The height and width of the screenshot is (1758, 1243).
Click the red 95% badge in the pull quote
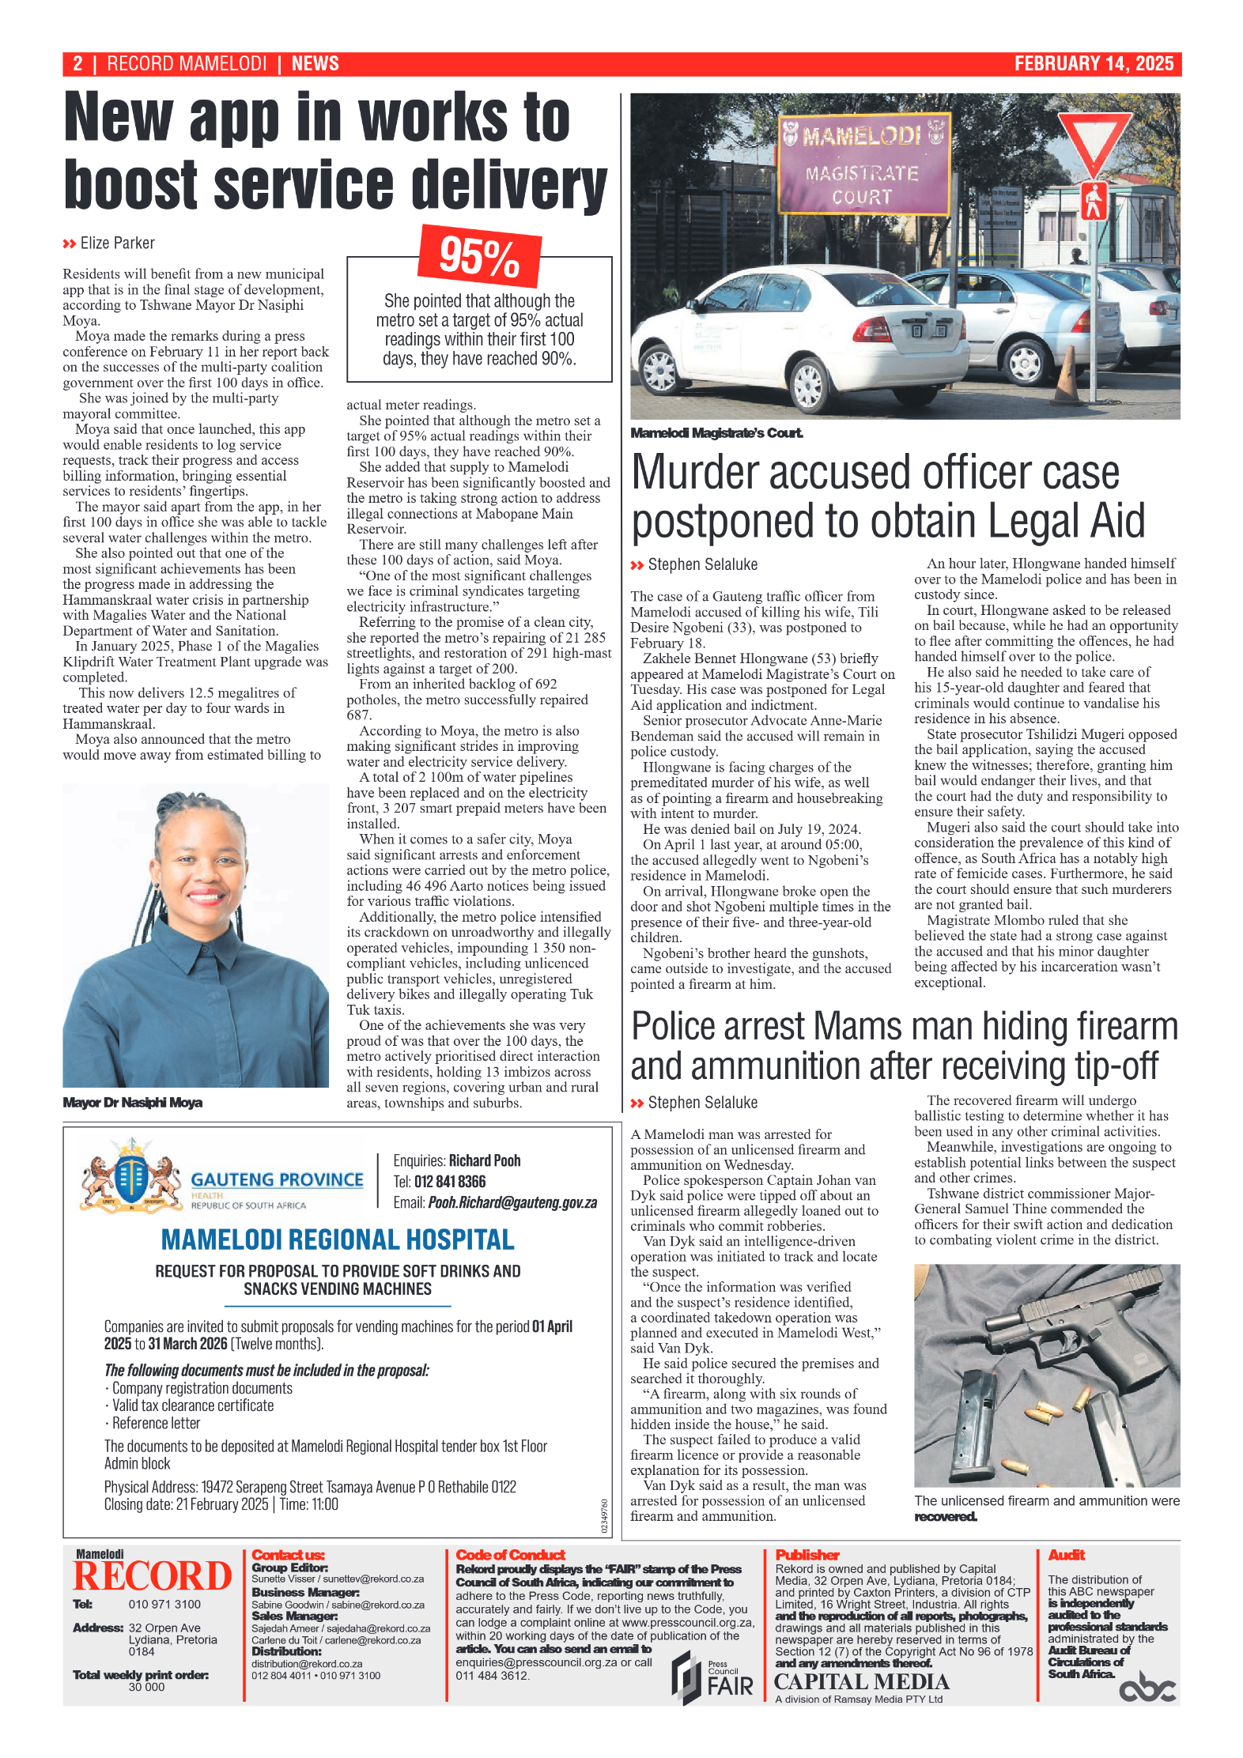click(x=479, y=256)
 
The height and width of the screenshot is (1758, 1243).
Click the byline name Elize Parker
click(x=117, y=243)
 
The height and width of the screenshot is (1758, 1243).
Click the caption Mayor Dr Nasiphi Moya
click(x=133, y=1102)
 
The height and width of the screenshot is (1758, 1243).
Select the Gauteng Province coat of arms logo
click(x=131, y=1177)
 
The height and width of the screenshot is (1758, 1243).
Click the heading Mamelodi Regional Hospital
click(x=338, y=1239)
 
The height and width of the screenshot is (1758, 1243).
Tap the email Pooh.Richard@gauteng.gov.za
click(x=512, y=1202)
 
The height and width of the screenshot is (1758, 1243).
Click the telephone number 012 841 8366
click(x=449, y=1182)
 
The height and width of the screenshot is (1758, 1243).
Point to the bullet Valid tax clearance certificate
click(x=192, y=1405)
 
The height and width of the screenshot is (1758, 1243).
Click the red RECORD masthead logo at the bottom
click(x=153, y=1577)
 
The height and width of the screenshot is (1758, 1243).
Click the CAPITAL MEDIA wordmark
click(x=861, y=1682)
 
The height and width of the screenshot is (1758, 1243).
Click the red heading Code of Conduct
click(x=510, y=1555)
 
